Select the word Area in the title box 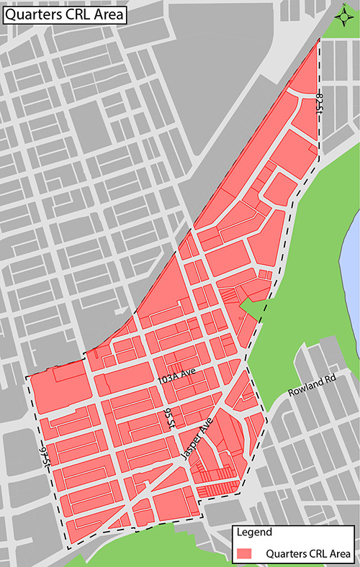[x=109, y=14]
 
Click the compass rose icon [x=342, y=16]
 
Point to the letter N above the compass [x=342, y=6]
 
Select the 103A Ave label [x=177, y=377]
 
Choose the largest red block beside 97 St [x=59, y=392]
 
